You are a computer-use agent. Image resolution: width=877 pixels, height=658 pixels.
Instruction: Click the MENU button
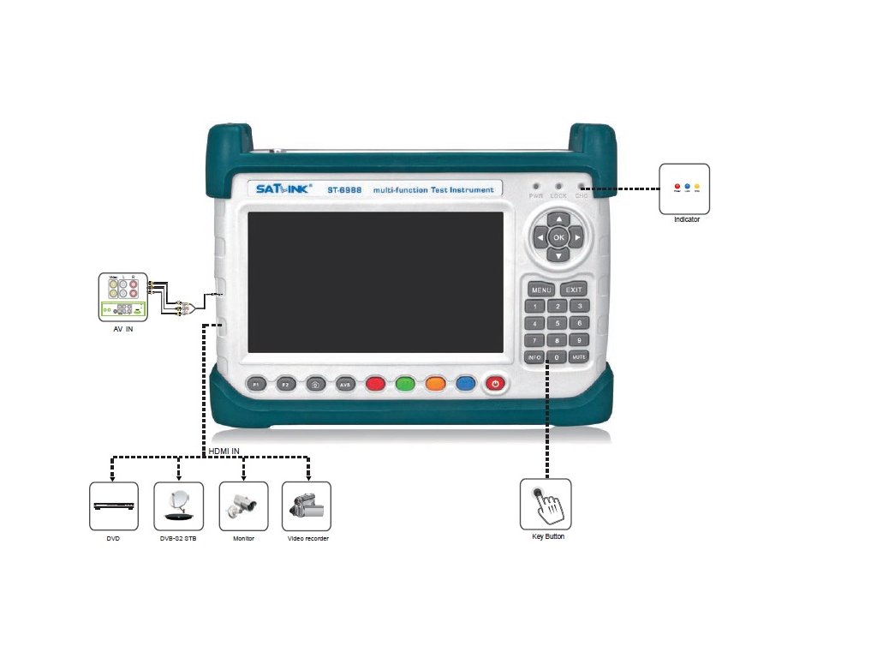(541, 290)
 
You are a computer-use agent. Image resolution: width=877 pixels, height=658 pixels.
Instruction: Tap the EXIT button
(574, 290)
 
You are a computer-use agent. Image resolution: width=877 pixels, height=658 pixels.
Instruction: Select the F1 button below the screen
(257, 385)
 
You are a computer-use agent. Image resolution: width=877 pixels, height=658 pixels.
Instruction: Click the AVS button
(345, 385)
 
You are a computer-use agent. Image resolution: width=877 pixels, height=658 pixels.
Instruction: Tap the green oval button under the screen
(406, 385)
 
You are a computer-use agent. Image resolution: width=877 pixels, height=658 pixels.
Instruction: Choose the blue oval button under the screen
(466, 385)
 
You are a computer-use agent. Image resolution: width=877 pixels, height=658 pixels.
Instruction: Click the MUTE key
(579, 356)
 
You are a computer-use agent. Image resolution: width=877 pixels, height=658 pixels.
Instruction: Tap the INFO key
(534, 356)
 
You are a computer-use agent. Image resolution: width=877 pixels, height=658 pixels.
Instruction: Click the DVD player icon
(114, 505)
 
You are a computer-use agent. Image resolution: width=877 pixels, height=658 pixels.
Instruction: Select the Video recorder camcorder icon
(306, 505)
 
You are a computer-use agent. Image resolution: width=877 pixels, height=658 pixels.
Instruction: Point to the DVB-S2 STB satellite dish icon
(178, 505)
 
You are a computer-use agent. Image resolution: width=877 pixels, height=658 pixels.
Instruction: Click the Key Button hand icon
(546, 504)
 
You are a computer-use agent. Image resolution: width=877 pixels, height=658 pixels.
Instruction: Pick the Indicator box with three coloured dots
(684, 188)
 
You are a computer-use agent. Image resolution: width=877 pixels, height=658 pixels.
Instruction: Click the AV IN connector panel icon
(123, 296)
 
